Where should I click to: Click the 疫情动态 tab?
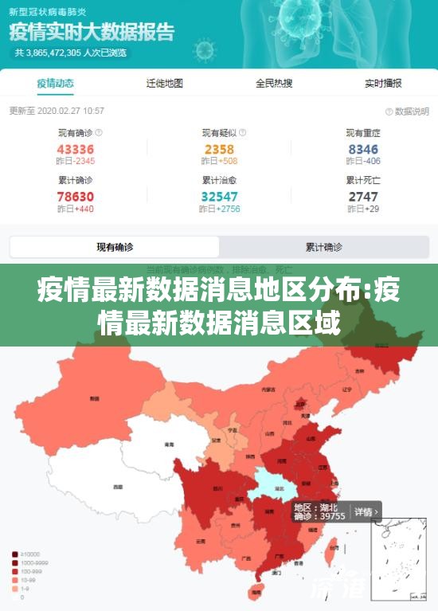[x=55, y=83]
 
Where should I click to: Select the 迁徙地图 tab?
[x=165, y=83]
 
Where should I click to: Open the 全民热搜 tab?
[x=274, y=83]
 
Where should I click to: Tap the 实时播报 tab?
[x=383, y=83]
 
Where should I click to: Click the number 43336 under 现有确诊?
[x=76, y=149]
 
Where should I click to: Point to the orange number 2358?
[x=219, y=149]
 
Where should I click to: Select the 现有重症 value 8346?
[x=363, y=149]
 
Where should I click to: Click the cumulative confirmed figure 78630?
[x=76, y=197]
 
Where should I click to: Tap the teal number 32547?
[x=219, y=197]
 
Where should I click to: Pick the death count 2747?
[x=363, y=197]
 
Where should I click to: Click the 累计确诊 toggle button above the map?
[x=323, y=247]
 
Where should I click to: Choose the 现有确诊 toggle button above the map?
[x=115, y=247]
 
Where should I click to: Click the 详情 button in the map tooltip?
[x=364, y=511]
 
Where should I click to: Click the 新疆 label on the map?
[x=95, y=398]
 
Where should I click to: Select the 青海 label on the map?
[x=169, y=445]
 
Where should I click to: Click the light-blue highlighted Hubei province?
[x=275, y=484]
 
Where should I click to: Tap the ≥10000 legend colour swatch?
[x=15, y=554]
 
